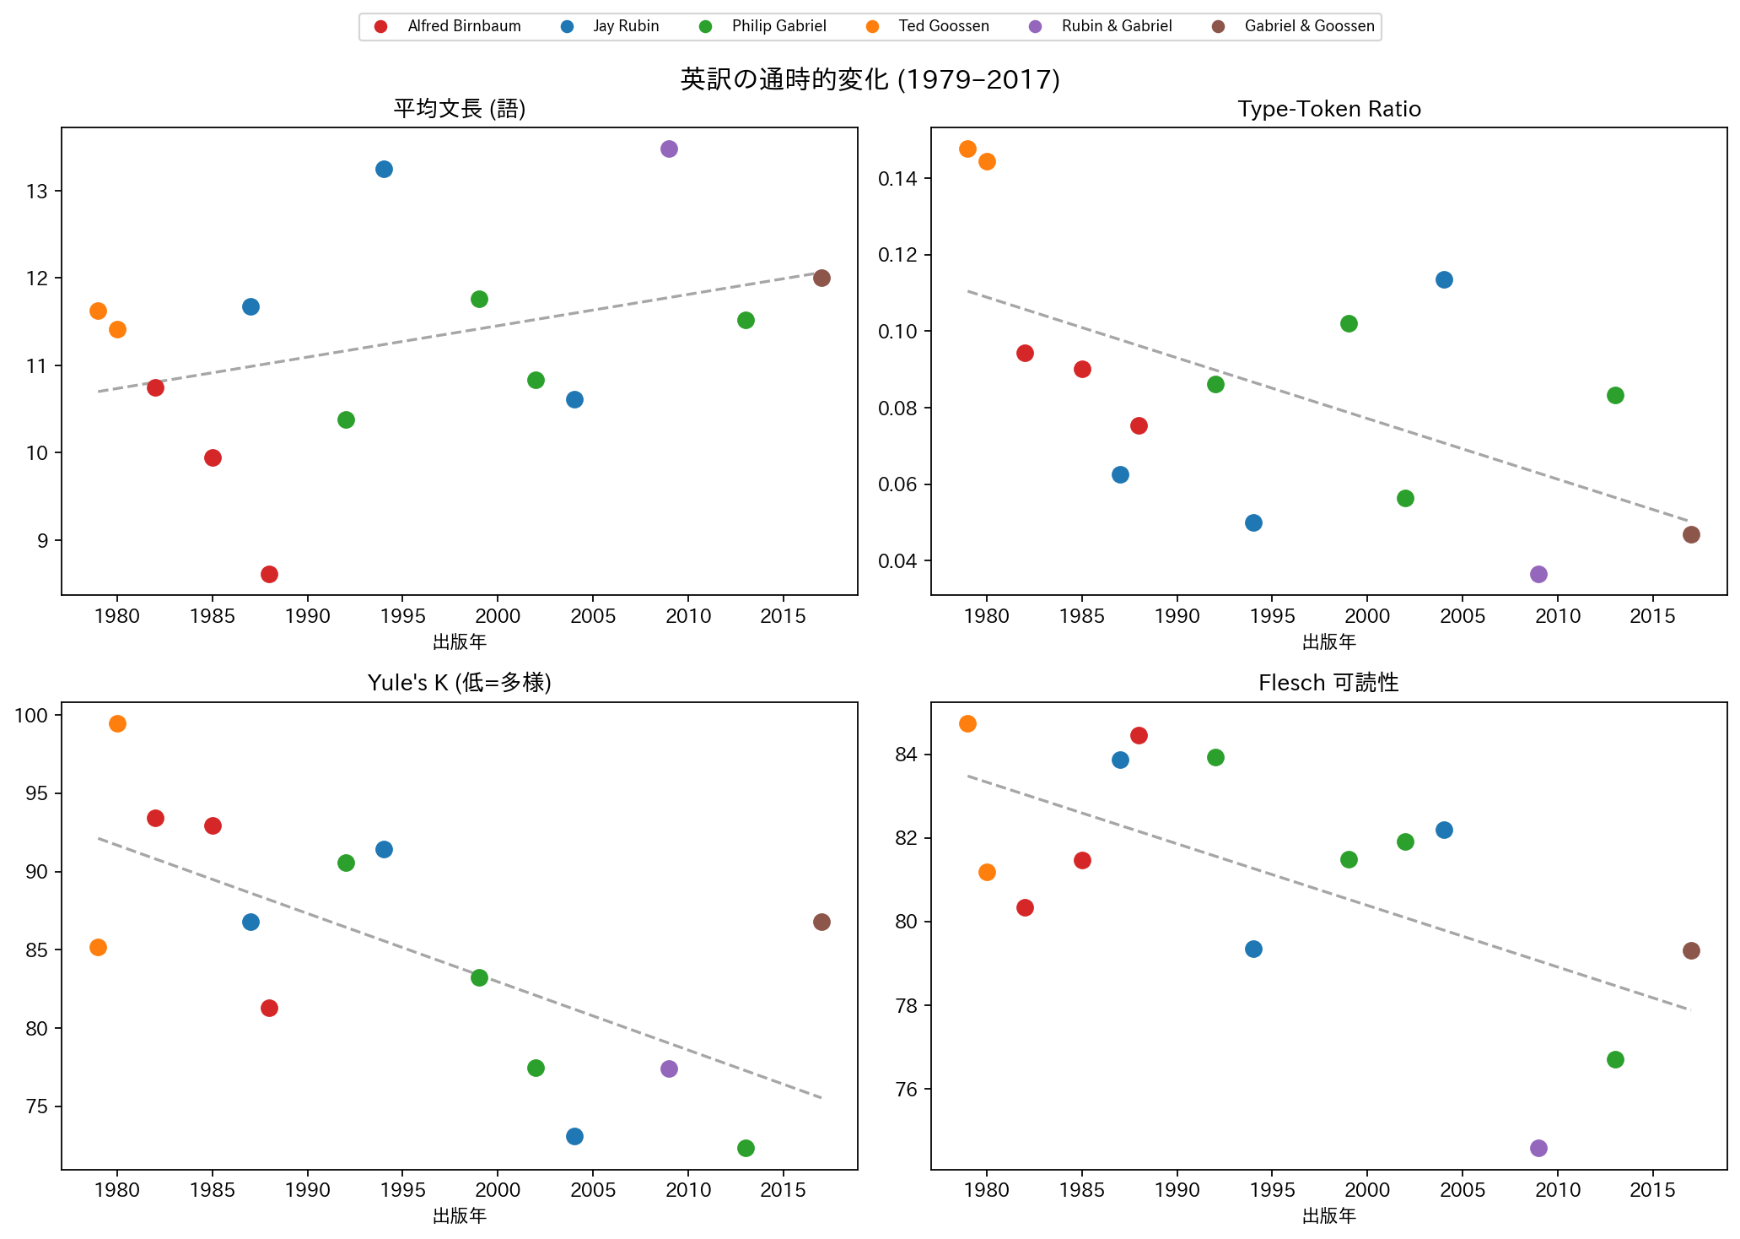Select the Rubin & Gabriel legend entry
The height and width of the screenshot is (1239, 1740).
pos(1102,26)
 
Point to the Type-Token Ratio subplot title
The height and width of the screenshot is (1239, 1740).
pos(1329,109)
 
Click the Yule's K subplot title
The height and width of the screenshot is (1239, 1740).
pos(460,683)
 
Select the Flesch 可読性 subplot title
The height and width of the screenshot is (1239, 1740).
pos(1329,683)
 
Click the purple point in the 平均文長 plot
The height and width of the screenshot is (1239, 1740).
pos(669,149)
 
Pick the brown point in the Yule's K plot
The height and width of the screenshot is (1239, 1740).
pos(822,922)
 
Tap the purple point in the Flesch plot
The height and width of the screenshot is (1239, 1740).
pos(1538,1148)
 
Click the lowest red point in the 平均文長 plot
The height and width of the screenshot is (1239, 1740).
pos(269,574)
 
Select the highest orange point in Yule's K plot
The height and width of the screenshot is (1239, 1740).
pos(117,723)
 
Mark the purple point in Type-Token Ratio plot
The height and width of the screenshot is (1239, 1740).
pos(1538,574)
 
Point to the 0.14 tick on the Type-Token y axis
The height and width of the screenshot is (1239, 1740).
pos(898,178)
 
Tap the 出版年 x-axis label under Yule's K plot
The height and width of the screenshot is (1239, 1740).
pos(460,1216)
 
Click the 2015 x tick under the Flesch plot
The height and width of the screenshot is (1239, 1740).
pos(1653,1191)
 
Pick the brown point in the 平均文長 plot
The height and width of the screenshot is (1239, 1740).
pos(822,278)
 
